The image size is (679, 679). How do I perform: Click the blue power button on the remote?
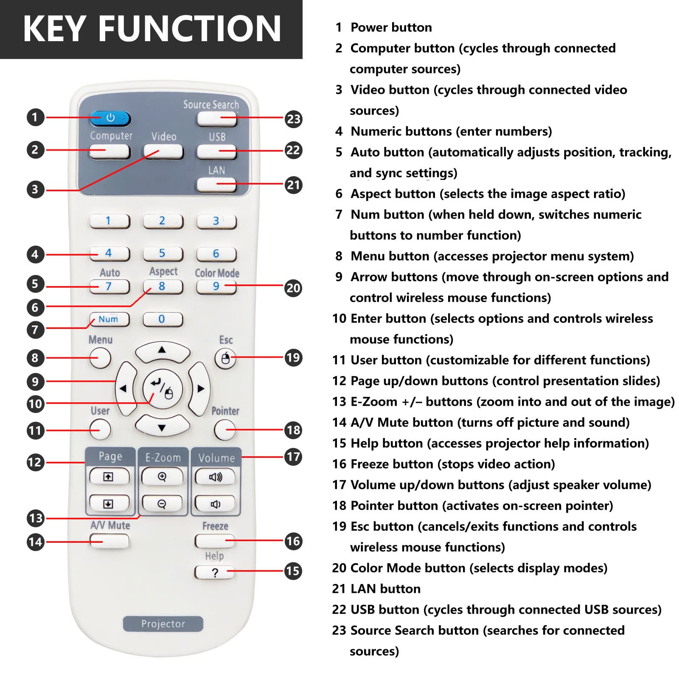pyautogui.click(x=110, y=118)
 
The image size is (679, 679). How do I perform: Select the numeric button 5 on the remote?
pyautogui.click(x=163, y=254)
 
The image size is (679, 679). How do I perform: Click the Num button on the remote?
pyautogui.click(x=109, y=319)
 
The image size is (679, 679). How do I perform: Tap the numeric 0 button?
pyautogui.click(x=163, y=319)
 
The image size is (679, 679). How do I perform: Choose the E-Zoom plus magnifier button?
pyautogui.click(x=162, y=477)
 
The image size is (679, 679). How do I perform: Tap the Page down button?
pyautogui.click(x=109, y=504)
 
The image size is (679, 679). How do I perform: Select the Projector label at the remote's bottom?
pyautogui.click(x=163, y=624)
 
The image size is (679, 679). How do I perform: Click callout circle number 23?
pyautogui.click(x=293, y=119)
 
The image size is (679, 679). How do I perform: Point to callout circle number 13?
pyautogui.click(x=36, y=518)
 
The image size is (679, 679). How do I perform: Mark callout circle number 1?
pyautogui.click(x=36, y=117)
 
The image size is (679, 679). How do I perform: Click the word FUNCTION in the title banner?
pyautogui.click(x=190, y=29)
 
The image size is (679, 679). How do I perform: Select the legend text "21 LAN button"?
pyautogui.click(x=376, y=589)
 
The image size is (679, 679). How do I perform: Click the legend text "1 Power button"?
pyautogui.click(x=383, y=28)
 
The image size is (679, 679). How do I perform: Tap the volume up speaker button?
pyautogui.click(x=216, y=477)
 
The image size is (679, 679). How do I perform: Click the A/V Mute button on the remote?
pyautogui.click(x=109, y=541)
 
